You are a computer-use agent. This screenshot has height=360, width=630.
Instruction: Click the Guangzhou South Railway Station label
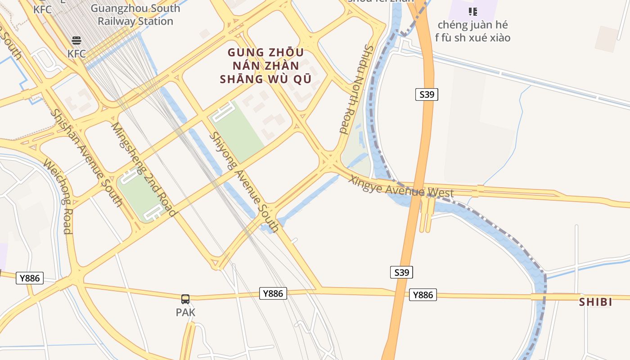(x=135, y=15)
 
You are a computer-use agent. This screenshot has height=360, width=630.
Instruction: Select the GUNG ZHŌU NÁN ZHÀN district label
(x=265, y=66)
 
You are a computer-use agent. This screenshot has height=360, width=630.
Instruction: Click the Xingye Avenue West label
(x=401, y=186)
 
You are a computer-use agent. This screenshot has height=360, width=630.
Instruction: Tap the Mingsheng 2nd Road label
(x=143, y=169)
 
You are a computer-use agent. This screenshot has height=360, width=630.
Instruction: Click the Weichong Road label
(x=58, y=196)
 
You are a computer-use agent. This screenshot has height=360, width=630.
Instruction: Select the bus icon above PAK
(x=185, y=299)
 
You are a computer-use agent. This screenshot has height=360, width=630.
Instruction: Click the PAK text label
(x=185, y=312)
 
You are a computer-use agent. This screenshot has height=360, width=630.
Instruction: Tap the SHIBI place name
(x=595, y=302)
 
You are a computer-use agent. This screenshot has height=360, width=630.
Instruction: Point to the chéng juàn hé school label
(x=472, y=31)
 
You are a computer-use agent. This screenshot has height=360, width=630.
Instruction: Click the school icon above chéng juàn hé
(x=472, y=12)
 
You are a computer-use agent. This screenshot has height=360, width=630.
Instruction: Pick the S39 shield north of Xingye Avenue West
(x=426, y=94)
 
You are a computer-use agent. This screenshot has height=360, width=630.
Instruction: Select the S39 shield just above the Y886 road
(x=401, y=272)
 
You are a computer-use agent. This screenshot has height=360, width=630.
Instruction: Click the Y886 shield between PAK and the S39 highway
(x=273, y=293)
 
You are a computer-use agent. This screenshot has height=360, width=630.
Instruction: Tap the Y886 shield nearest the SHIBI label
(x=423, y=295)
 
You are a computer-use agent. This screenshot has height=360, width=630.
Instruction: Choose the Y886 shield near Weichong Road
(x=30, y=278)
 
